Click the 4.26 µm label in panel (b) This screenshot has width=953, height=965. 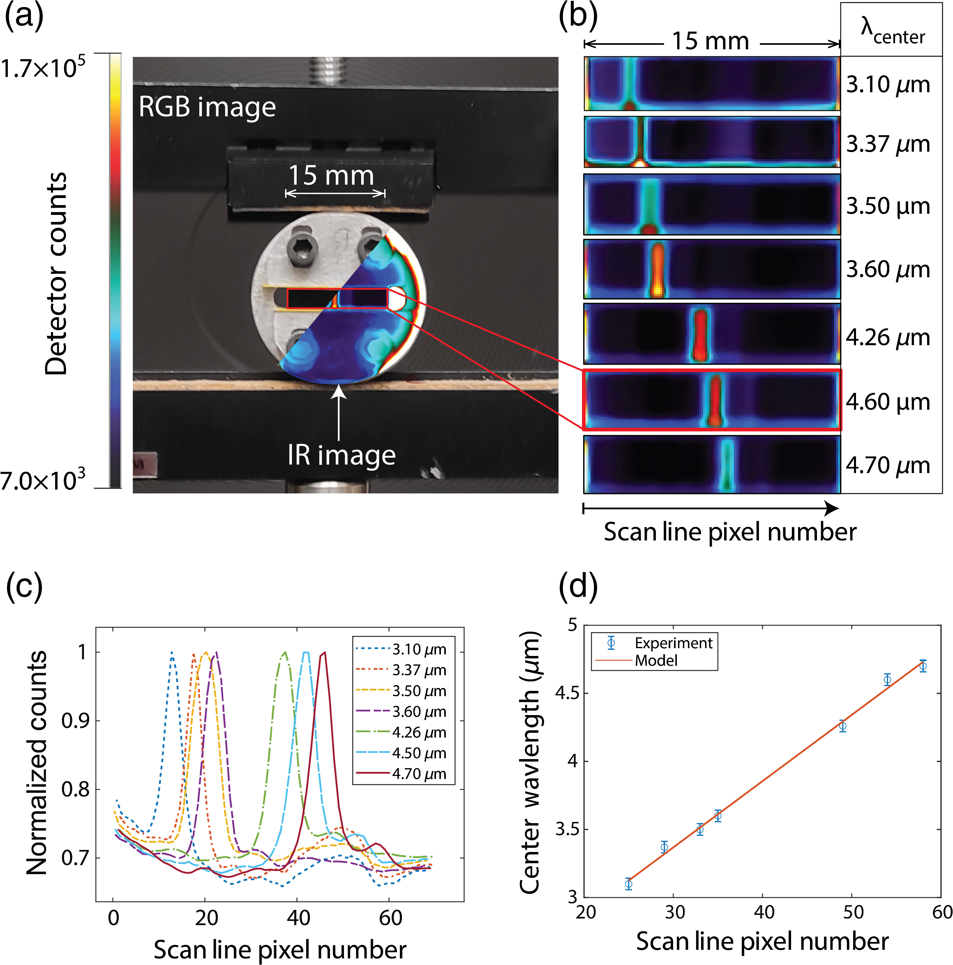pyautogui.click(x=888, y=338)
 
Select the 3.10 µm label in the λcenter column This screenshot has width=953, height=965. pyautogui.click(x=888, y=85)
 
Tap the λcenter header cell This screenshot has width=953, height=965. pyautogui.click(x=892, y=30)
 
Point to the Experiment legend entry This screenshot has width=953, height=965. pyautogui.click(x=654, y=643)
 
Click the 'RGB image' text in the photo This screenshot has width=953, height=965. pyautogui.click(x=207, y=107)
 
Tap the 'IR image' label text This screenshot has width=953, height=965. pyautogui.click(x=341, y=455)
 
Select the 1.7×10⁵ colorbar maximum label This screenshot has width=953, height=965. pyautogui.click(x=43, y=67)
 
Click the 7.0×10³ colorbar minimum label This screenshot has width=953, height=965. pyautogui.click(x=43, y=480)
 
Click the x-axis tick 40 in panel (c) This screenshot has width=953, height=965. pyautogui.click(x=298, y=918)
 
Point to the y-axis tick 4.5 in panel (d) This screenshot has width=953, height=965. pyautogui.click(x=566, y=694)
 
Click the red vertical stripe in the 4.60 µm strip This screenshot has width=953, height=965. pyautogui.click(x=715, y=400)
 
